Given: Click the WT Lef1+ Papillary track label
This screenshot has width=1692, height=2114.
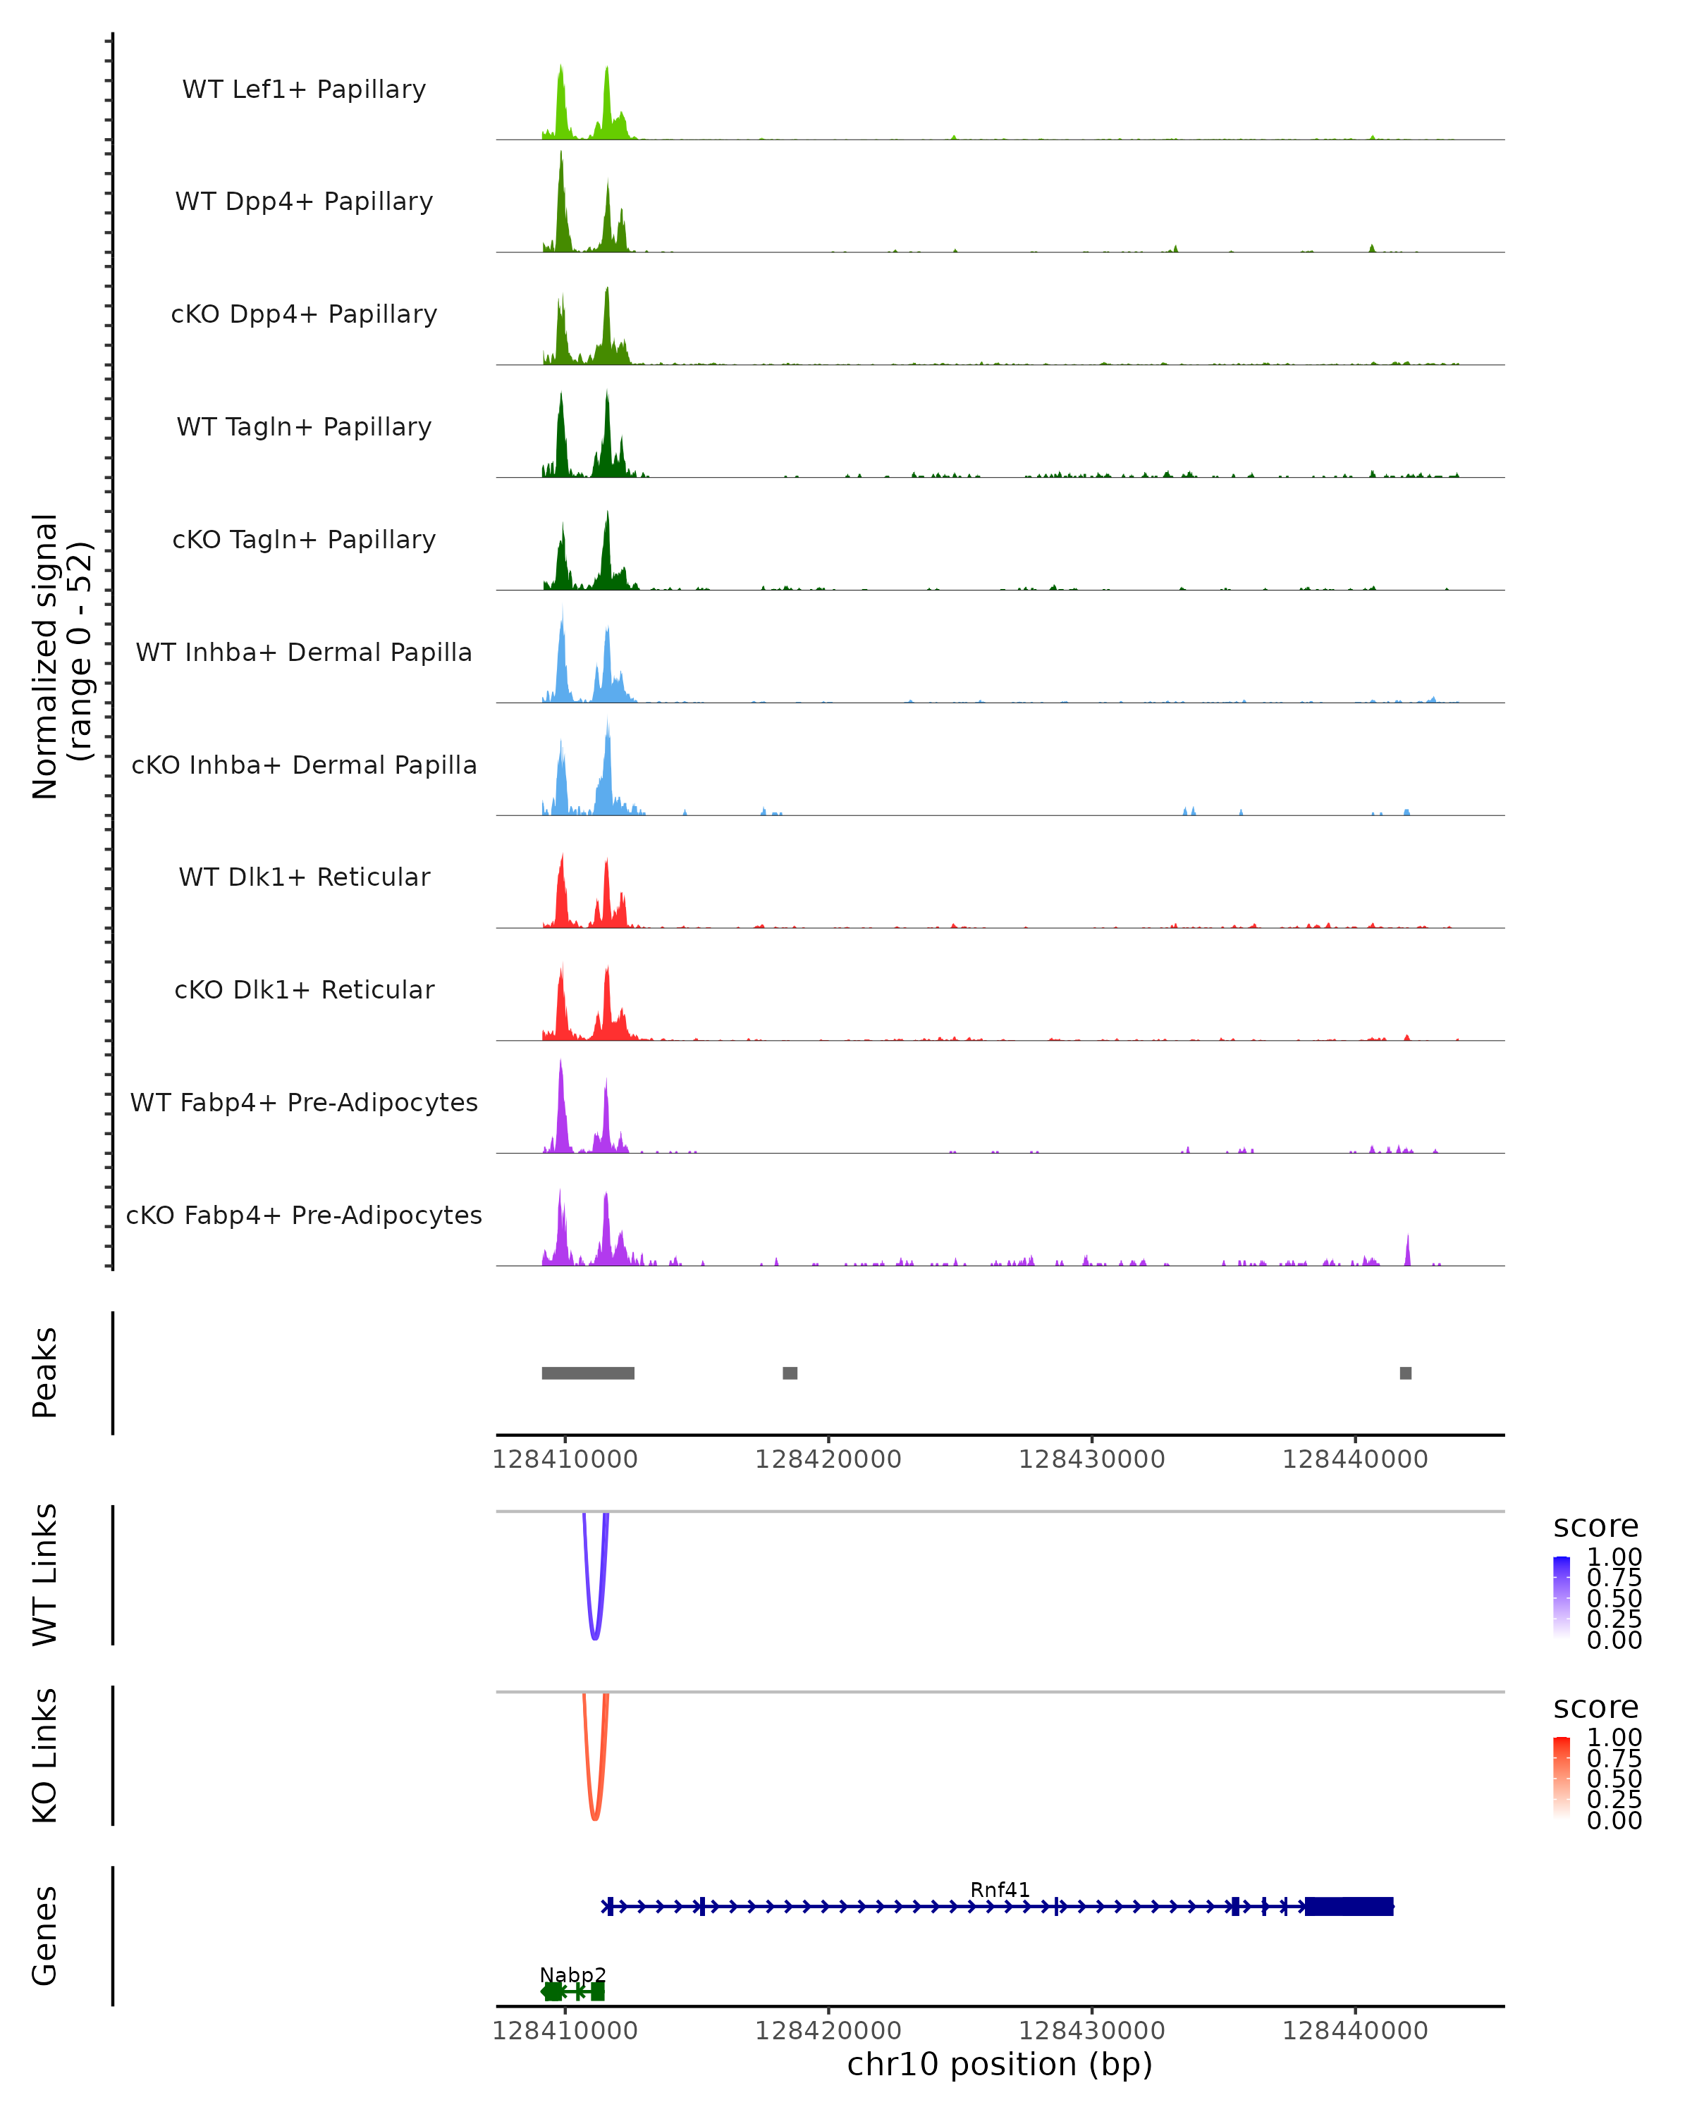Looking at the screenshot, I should point(304,89).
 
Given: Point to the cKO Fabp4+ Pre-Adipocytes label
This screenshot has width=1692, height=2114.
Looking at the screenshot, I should point(304,1215).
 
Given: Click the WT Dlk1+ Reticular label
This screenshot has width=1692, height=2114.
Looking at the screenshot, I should point(304,877).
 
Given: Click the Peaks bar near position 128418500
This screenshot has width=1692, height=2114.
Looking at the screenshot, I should point(790,1373).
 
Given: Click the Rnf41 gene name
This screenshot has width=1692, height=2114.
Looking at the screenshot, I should point(1000,1889).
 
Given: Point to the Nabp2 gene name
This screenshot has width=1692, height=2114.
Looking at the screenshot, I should point(573,1974).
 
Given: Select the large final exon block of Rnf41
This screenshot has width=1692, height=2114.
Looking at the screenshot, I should point(1349,1906).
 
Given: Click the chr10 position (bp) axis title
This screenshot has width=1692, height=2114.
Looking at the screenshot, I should point(1000,2065).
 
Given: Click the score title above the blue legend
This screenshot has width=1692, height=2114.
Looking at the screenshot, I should point(1596,1526).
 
